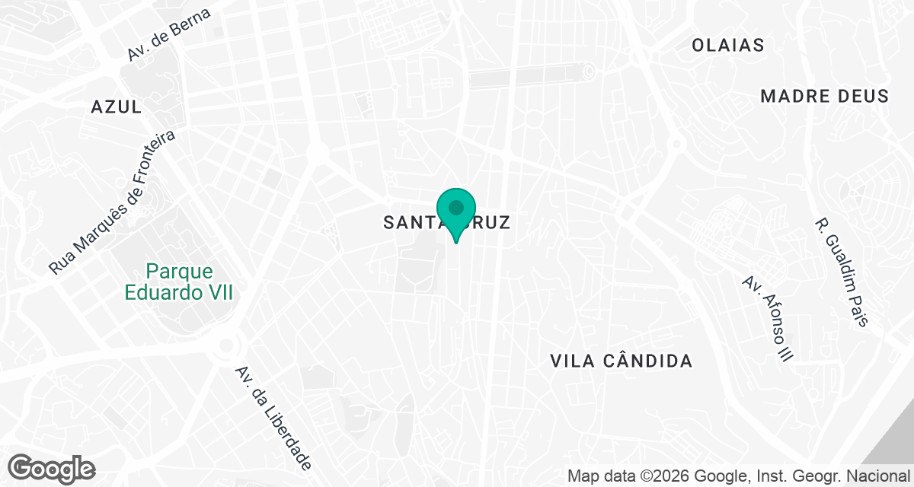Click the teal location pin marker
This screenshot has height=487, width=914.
click(456, 214)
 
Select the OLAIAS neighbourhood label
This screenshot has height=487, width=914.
click(727, 46)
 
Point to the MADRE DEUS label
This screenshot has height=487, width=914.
click(825, 96)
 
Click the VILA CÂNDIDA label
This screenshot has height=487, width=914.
click(622, 361)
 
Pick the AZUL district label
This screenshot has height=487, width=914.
click(116, 107)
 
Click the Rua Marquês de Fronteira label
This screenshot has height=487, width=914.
click(112, 202)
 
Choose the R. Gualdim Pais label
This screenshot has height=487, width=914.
click(841, 272)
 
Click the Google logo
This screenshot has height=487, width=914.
click(52, 468)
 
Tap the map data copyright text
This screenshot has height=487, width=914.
click(739, 477)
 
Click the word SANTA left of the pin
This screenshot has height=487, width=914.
click(409, 223)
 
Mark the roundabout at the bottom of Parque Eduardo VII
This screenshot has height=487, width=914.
click(226, 347)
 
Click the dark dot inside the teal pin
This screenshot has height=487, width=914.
click(456, 207)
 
